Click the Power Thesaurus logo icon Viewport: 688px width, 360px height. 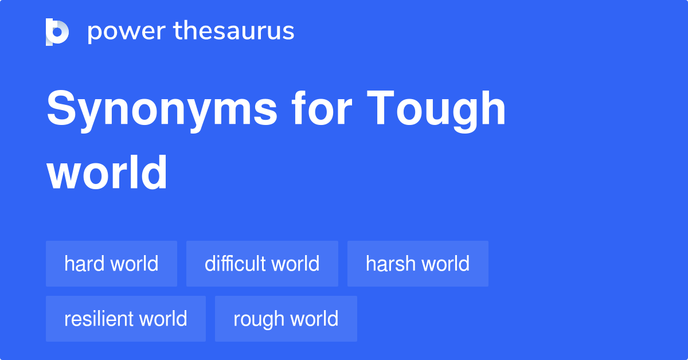57,32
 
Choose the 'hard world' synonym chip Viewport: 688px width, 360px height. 111,264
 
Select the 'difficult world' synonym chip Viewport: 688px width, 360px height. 262,264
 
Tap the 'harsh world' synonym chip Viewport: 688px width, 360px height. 417,264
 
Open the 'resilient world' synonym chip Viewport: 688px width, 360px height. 126,319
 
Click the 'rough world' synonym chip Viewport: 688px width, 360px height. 286,319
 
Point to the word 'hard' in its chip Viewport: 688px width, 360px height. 84,264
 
